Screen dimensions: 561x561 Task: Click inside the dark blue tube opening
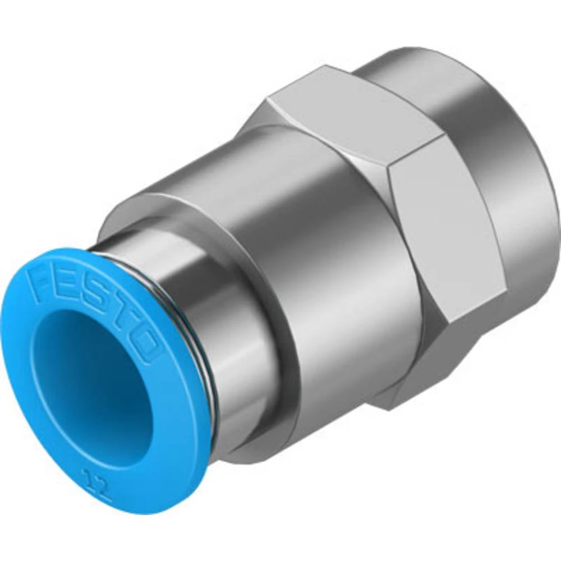pos(90,381)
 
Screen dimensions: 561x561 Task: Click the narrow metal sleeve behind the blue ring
pos(224,314)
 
